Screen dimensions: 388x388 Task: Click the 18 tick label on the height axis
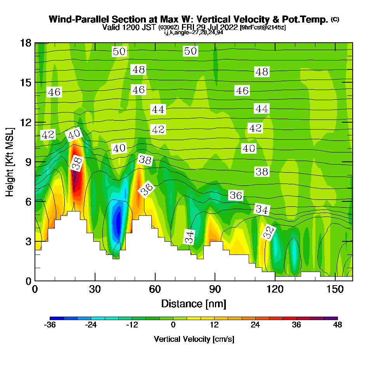(x=26, y=43)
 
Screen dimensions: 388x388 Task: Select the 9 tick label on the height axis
(x=29, y=162)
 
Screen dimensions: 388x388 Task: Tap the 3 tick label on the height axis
(x=29, y=241)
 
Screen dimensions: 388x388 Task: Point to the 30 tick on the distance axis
(x=95, y=276)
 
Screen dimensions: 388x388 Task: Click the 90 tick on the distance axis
(x=215, y=276)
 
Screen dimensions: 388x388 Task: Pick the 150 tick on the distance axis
(x=335, y=276)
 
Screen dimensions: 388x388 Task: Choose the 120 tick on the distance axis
(x=275, y=276)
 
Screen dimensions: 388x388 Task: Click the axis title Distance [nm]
(x=194, y=304)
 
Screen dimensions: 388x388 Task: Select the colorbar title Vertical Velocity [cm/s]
(x=194, y=339)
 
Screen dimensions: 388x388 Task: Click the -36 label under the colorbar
(x=50, y=325)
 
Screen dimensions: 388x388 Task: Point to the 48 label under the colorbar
(x=338, y=325)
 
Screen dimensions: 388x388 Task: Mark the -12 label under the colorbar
(x=132, y=325)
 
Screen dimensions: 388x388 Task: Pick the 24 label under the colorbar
(x=255, y=325)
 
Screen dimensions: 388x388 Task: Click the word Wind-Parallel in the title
(x=79, y=19)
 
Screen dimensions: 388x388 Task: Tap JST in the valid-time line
(x=149, y=27)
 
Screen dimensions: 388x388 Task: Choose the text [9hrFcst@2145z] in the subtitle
(x=263, y=27)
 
